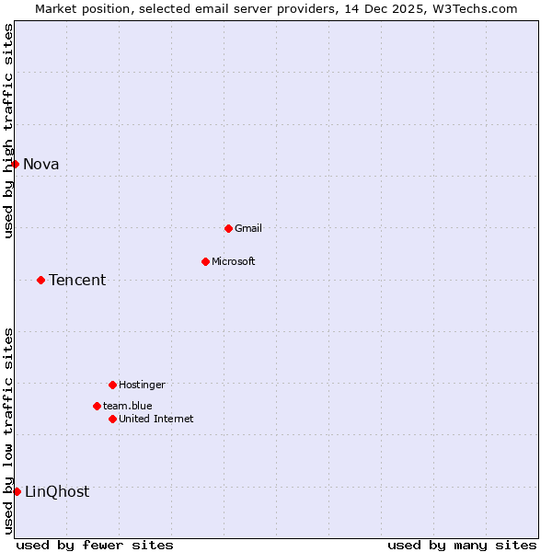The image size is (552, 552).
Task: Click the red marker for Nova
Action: (15, 164)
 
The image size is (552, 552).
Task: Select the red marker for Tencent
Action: (40, 280)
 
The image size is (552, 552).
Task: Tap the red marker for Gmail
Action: (228, 228)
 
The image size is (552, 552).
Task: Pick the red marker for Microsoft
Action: (205, 261)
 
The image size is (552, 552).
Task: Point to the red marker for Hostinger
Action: (112, 385)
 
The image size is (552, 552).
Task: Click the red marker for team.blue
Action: (97, 406)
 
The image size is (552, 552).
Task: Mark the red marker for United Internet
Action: (112, 419)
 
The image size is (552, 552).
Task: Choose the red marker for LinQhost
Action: (17, 491)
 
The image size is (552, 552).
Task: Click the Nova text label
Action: (41, 165)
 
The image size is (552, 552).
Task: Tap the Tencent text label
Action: (77, 281)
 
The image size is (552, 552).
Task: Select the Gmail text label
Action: (248, 228)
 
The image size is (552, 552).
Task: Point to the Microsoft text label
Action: (234, 261)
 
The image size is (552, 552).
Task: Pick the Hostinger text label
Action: (142, 385)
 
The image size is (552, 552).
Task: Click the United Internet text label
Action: (156, 419)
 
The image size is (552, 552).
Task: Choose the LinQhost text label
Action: (57, 492)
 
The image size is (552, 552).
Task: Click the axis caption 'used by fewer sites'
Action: (95, 545)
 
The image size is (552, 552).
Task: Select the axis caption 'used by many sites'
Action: (462, 545)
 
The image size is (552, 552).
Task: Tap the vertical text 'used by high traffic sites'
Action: (8, 131)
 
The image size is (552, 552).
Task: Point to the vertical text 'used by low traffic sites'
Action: (8, 430)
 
